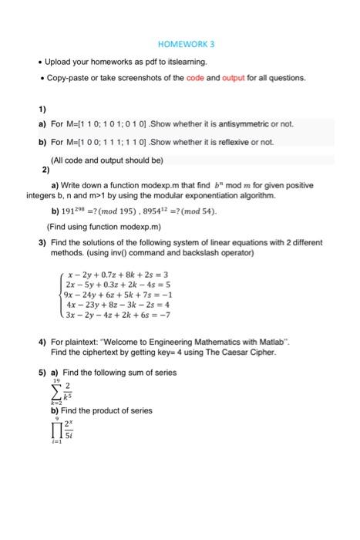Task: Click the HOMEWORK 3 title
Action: coord(180,43)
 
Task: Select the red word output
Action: coord(254,78)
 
